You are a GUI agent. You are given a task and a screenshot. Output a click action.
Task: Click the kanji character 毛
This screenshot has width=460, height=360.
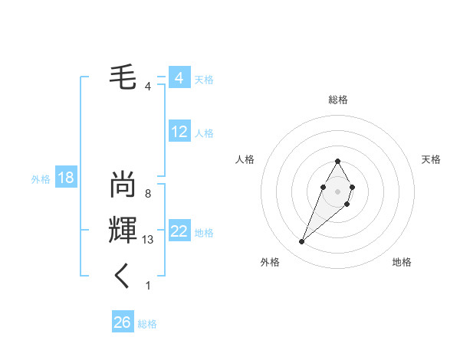123,78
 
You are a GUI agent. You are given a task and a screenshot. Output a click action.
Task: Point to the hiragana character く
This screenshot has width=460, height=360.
123,276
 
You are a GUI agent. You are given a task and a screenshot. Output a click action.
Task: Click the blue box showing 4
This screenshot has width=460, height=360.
179,78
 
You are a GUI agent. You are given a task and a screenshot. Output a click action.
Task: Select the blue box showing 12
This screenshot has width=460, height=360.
179,132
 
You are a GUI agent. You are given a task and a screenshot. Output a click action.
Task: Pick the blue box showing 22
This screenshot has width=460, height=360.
179,231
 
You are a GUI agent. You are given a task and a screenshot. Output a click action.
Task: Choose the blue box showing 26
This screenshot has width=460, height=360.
123,322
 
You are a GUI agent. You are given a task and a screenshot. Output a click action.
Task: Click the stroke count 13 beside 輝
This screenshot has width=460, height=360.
148,240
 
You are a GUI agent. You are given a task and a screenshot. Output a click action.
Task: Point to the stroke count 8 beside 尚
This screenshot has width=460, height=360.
147,194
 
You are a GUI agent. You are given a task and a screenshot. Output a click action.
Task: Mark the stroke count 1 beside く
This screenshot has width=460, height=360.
147,286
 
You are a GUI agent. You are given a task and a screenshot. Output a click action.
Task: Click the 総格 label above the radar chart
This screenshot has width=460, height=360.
337,100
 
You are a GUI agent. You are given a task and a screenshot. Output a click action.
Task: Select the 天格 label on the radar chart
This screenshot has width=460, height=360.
431,159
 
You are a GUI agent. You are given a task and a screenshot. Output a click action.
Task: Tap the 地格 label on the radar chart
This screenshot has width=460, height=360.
402,262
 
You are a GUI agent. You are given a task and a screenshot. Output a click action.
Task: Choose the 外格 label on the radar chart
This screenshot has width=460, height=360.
270,262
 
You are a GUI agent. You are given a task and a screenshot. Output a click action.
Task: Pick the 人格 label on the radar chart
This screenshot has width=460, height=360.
245,159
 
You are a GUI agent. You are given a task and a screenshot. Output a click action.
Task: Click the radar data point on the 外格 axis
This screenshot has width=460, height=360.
302,241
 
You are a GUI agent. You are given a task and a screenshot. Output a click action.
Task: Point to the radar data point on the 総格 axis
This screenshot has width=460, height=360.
337,161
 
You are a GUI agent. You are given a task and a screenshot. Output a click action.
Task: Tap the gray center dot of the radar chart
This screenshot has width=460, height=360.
337,190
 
